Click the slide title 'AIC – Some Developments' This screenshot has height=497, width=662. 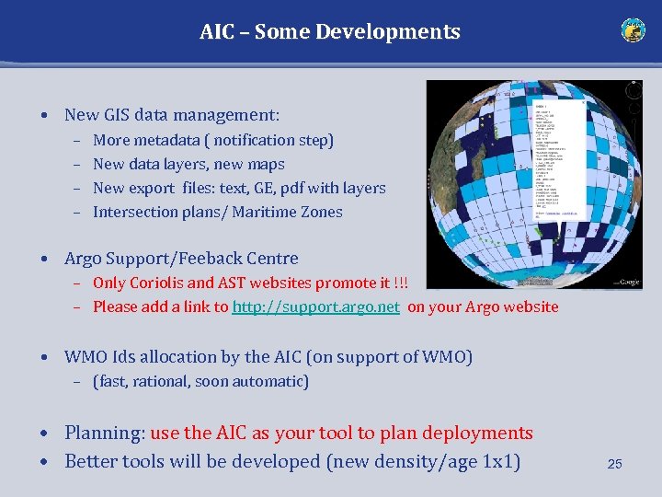[330, 31]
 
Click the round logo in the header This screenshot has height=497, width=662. [633, 30]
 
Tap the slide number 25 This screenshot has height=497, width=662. [614, 465]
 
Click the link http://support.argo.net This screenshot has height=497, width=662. [315, 307]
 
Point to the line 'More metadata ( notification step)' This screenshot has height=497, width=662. [213, 141]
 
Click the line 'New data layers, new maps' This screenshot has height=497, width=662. [188, 165]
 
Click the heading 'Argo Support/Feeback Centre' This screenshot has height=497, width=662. [181, 259]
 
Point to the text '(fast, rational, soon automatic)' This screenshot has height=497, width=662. [200, 381]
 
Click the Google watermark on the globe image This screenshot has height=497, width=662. [627, 282]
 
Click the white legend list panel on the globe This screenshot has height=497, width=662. [558, 161]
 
